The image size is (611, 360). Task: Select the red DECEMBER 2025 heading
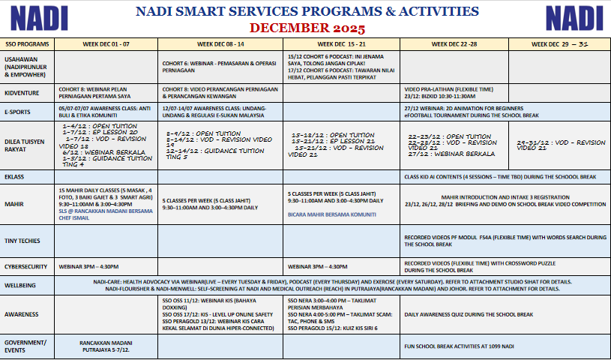[307, 28]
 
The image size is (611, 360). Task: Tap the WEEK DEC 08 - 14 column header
[220, 44]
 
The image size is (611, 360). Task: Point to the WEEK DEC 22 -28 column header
[453, 44]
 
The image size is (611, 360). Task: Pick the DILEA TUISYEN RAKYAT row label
[24, 145]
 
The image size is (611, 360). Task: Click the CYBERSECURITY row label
[26, 266]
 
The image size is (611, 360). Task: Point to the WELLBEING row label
[20, 285]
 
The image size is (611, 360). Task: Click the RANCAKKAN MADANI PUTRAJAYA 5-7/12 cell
[105, 346]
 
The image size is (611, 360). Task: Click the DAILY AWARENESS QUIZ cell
[469, 314]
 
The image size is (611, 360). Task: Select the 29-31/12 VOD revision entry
[561, 145]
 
